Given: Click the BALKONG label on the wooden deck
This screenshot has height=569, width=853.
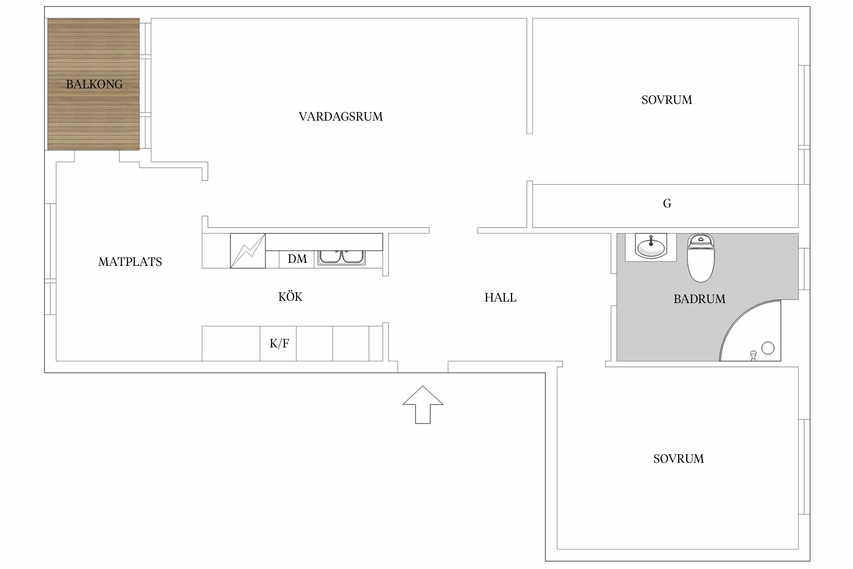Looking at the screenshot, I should tap(94, 84).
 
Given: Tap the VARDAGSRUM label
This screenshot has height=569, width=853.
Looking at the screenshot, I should tap(340, 116).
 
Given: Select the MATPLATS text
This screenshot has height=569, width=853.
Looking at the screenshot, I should tap(130, 262).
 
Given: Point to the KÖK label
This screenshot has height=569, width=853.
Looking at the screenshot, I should tap(290, 297).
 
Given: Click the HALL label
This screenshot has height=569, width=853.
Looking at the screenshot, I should tap(500, 298).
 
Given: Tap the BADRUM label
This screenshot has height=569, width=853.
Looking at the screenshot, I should tap(699, 299).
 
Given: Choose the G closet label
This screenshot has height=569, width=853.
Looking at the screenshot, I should tap(667, 204).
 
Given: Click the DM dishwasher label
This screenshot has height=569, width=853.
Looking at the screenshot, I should tap(297, 259).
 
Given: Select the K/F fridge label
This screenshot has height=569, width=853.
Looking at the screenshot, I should tap(279, 344).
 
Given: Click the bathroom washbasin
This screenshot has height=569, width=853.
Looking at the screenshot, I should tap(651, 248).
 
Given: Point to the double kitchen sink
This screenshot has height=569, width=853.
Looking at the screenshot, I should tap(342, 257).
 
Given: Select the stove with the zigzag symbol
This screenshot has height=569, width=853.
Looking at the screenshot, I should tap(248, 251).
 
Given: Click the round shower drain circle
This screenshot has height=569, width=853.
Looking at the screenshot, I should tap(768, 348).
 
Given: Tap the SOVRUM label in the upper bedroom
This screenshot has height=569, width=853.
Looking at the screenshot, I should tap(666, 100).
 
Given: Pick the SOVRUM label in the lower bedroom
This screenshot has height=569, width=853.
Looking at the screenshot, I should tap(678, 459).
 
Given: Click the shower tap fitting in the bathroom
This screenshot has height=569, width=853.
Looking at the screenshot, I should tap(753, 355).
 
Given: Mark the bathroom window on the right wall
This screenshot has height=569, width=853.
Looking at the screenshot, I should tap(804, 269).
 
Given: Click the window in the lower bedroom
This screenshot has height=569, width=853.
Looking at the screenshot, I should tap(804, 467).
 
